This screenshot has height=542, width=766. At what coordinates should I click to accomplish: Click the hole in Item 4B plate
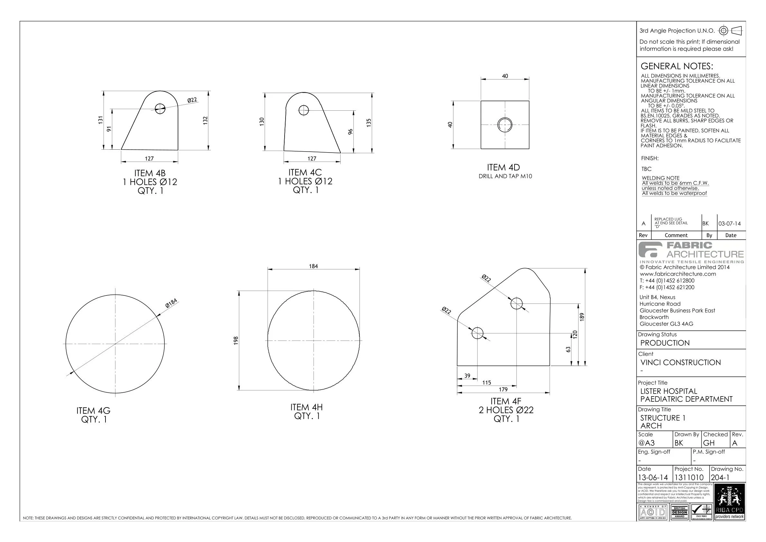[x=160, y=108]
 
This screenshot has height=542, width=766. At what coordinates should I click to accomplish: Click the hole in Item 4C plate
[x=304, y=110]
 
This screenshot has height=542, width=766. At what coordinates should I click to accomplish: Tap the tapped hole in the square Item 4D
[x=505, y=125]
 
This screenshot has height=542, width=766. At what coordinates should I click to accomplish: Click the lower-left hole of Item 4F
[x=478, y=333]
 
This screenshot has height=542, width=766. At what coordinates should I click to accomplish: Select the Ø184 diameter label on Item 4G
[x=171, y=303]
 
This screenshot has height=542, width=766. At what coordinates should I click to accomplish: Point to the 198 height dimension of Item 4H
[x=236, y=340]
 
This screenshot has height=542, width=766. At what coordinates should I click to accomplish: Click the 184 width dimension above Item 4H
[x=313, y=266]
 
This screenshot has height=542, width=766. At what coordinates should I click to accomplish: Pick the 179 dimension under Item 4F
[x=503, y=389]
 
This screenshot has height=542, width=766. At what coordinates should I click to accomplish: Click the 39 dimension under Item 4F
[x=467, y=376]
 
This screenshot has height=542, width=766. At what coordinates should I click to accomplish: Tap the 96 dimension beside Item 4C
[x=350, y=132]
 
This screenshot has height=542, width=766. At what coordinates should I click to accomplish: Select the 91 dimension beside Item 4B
[x=109, y=129]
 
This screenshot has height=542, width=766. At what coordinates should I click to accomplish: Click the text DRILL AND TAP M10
[x=505, y=176]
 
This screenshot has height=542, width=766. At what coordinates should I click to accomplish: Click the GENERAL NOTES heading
[x=677, y=66]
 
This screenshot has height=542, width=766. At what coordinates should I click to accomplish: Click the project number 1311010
[x=688, y=478]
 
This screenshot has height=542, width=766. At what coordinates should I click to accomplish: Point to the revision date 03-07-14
[x=729, y=224]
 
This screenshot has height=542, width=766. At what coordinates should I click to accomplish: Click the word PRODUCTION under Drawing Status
[x=665, y=343]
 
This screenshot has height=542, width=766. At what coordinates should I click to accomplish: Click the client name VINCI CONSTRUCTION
[x=680, y=362]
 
